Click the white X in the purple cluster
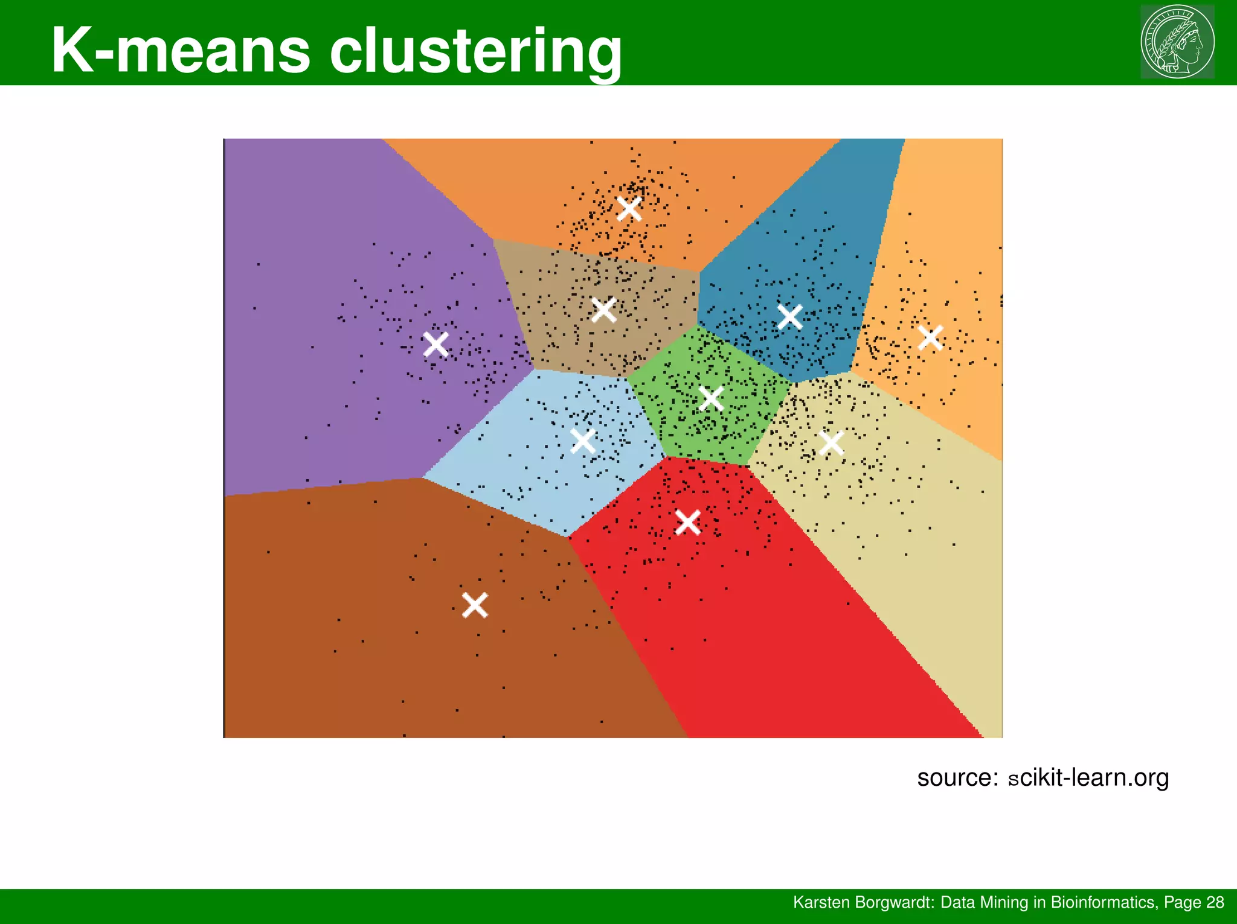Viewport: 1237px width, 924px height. tap(436, 344)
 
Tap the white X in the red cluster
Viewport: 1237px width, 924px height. tap(687, 522)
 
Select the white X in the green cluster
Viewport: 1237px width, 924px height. tap(711, 398)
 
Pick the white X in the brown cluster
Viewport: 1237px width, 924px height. tap(475, 605)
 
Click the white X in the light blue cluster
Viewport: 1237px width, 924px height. tap(583, 441)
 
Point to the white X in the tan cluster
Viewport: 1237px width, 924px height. tap(604, 310)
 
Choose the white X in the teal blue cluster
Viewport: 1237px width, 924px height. tap(790, 317)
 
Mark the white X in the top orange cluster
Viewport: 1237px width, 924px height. tap(629, 209)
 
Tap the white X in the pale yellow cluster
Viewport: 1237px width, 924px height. tap(832, 443)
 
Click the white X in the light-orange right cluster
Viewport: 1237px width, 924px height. tap(930, 337)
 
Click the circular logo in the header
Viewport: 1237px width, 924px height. tap(1177, 42)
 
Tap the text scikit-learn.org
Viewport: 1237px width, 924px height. tap(1088, 777)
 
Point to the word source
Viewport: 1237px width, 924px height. tap(957, 777)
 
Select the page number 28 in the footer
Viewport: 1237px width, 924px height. tap(1215, 902)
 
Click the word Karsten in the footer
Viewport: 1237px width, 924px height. tap(814, 902)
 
